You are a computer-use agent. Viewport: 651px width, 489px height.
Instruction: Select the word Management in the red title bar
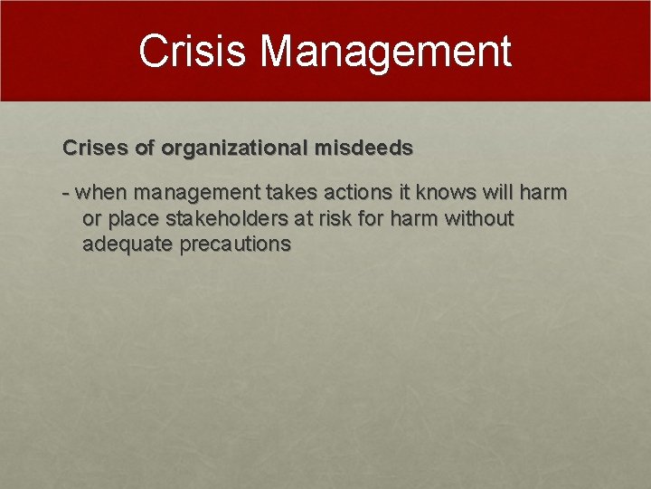(386, 52)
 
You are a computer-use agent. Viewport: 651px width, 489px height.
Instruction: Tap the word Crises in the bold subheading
(90, 147)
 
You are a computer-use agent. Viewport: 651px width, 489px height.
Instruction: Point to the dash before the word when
(66, 193)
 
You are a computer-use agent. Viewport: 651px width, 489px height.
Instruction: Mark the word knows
(441, 193)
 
